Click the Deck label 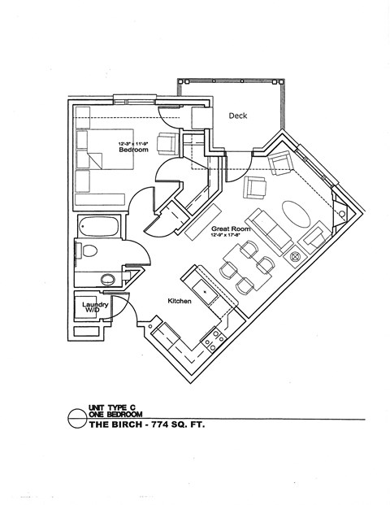pos(237,116)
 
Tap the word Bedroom pos(132,150)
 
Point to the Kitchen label pos(179,301)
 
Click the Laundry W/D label pos(95,309)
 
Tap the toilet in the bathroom pos(89,250)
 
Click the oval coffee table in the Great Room pos(296,217)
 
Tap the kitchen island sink pos(205,290)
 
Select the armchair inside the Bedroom pos(166,144)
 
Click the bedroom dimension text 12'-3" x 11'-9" pos(132,143)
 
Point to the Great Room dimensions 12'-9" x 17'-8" pos(230,237)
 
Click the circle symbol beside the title pos(74,419)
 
